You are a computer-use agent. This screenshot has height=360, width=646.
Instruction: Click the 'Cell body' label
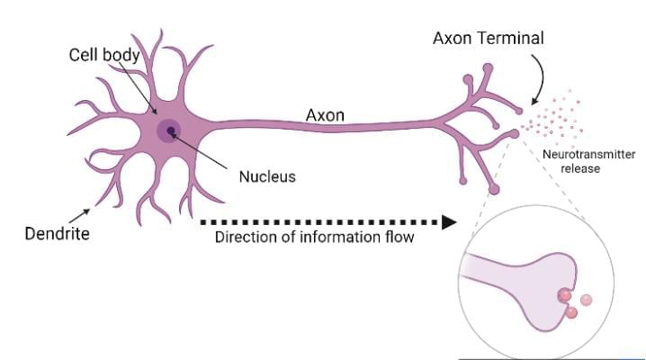[104, 55]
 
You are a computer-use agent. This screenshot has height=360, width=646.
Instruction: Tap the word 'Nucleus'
[266, 175]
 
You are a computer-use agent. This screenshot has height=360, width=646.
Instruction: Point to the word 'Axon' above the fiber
[326, 115]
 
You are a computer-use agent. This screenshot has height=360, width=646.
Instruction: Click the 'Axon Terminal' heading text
[489, 40]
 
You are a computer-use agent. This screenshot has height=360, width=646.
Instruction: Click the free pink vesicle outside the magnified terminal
[587, 300]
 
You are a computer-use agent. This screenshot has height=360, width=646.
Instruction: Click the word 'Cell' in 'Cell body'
[85, 55]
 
